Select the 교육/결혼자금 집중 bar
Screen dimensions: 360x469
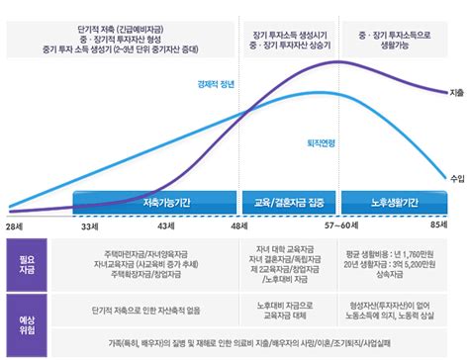[289, 202]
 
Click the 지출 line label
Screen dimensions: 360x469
[456, 92]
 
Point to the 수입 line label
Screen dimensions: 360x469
[456, 178]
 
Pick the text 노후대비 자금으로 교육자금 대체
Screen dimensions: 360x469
[289, 314]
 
